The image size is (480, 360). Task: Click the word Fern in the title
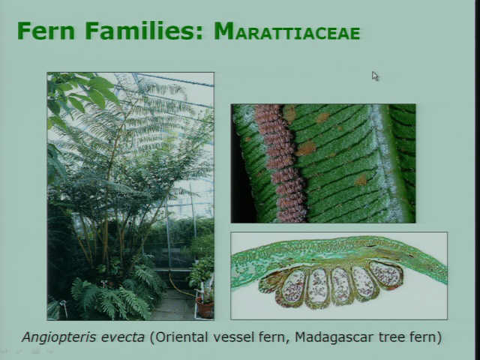[46, 31]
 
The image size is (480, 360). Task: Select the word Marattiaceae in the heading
[286, 31]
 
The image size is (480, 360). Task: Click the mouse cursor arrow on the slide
[375, 76]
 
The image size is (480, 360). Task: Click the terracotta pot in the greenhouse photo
[205, 308]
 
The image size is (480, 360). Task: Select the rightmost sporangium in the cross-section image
[386, 274]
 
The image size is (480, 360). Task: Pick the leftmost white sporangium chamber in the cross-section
[292, 286]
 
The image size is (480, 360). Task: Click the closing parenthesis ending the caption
[439, 337]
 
